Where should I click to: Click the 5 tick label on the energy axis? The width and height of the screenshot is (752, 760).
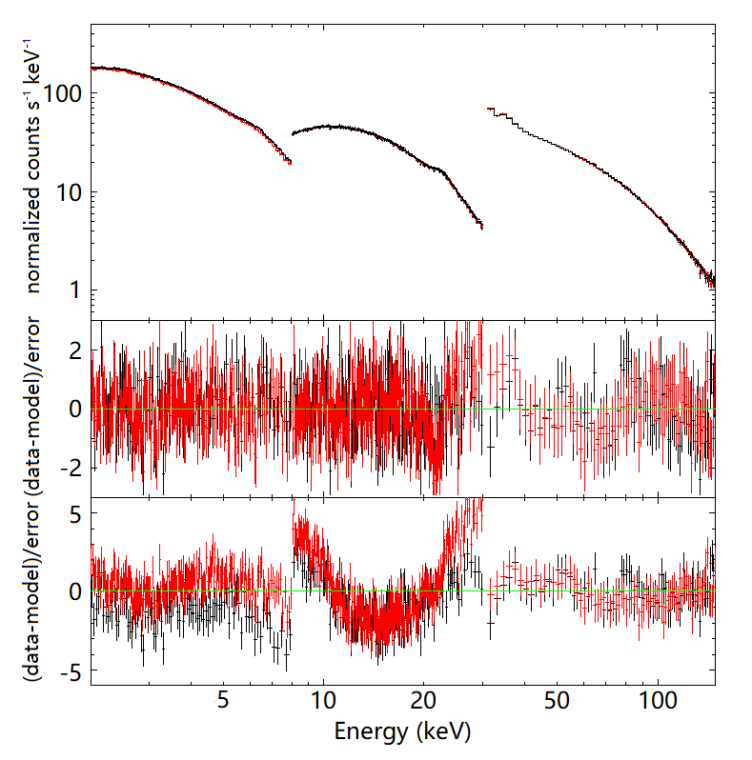click(222, 700)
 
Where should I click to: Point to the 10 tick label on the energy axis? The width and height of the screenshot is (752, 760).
click(323, 700)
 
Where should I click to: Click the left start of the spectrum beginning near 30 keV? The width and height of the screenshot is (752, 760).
click(487, 109)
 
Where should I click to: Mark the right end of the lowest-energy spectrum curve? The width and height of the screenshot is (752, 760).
click(289, 162)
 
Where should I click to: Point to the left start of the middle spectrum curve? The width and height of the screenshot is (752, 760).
click(293, 133)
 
